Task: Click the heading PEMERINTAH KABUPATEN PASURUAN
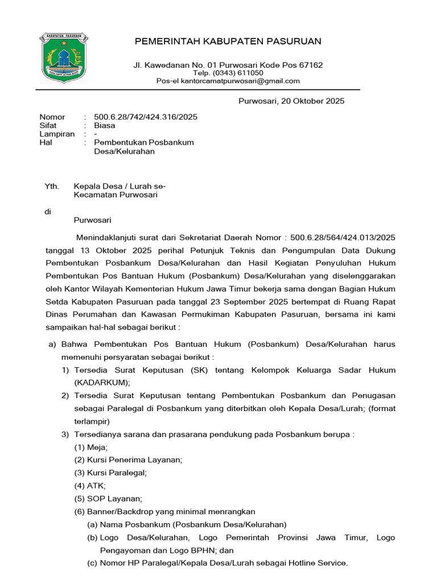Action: click(x=228, y=42)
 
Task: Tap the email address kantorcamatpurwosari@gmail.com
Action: click(x=240, y=81)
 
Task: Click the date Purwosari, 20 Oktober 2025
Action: click(x=290, y=101)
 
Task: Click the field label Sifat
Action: click(x=48, y=125)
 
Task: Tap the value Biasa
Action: click(x=105, y=125)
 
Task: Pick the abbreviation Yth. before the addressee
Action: click(x=52, y=186)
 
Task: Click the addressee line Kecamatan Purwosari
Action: click(x=116, y=195)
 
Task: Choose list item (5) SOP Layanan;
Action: click(x=108, y=498)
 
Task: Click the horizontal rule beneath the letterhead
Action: click(x=199, y=90)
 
